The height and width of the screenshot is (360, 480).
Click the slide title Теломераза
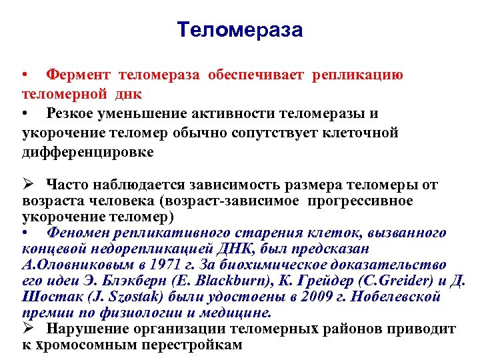point(240,30)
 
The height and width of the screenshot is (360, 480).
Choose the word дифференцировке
point(87,152)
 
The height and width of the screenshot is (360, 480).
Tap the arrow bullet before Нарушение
point(27,329)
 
